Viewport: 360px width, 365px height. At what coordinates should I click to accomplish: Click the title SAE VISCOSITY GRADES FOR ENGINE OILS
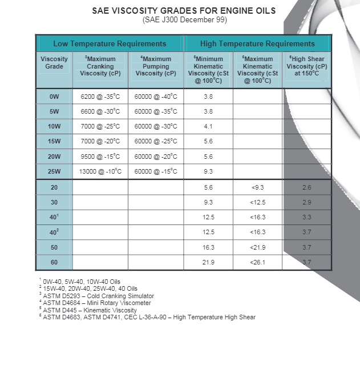click(x=184, y=11)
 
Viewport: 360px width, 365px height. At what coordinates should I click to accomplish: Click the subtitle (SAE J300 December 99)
click(x=184, y=20)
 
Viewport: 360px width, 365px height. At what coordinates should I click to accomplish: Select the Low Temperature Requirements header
click(x=110, y=43)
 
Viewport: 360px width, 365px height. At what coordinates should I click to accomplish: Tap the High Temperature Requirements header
click(x=257, y=43)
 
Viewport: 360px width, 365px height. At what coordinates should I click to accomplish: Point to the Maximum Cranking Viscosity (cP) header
click(x=100, y=66)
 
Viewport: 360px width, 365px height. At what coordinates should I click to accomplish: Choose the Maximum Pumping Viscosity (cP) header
click(x=156, y=66)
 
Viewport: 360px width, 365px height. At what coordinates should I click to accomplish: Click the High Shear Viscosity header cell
click(x=307, y=66)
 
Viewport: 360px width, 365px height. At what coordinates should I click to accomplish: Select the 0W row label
click(x=54, y=97)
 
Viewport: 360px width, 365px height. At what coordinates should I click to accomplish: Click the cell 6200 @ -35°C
click(x=100, y=97)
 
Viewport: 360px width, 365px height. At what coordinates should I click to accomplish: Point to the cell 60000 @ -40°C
click(x=156, y=97)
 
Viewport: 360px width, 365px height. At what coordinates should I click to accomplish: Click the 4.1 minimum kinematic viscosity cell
click(x=208, y=127)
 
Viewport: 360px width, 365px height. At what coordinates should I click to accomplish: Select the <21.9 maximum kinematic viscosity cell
click(x=258, y=247)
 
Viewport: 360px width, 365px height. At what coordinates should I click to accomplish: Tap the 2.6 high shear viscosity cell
click(x=307, y=187)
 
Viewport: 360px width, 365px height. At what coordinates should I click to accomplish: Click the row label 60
click(x=54, y=262)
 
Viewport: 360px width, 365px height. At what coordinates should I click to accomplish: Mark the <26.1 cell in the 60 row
click(x=258, y=262)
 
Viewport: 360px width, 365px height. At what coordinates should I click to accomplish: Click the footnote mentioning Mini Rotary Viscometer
click(x=97, y=303)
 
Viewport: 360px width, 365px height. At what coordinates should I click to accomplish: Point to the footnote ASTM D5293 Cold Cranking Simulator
click(x=98, y=296)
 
